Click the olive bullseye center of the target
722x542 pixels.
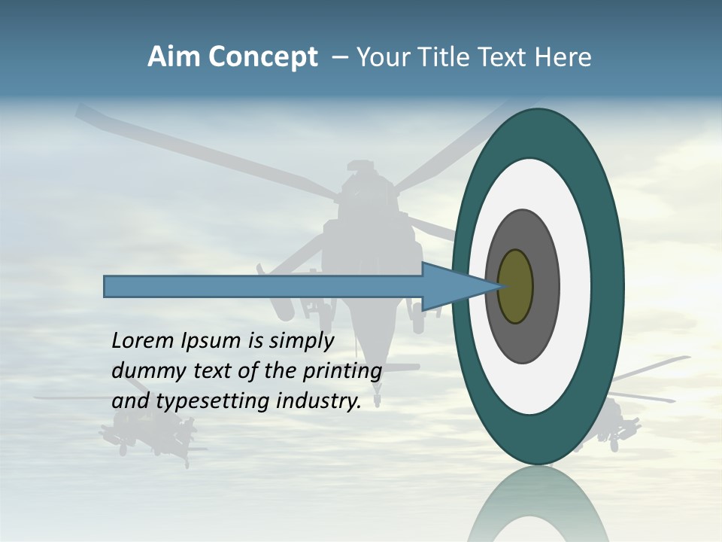(516, 286)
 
